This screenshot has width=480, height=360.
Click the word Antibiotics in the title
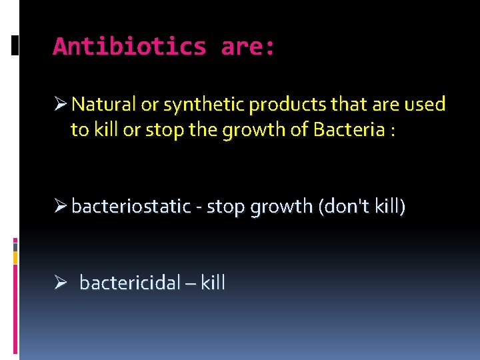pos(129,47)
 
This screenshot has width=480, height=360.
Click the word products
pos(281,105)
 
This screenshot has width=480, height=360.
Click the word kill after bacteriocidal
pos(213,283)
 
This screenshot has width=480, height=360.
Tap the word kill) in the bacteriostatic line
pos(390,207)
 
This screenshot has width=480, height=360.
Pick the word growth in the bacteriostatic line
pos(280,207)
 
